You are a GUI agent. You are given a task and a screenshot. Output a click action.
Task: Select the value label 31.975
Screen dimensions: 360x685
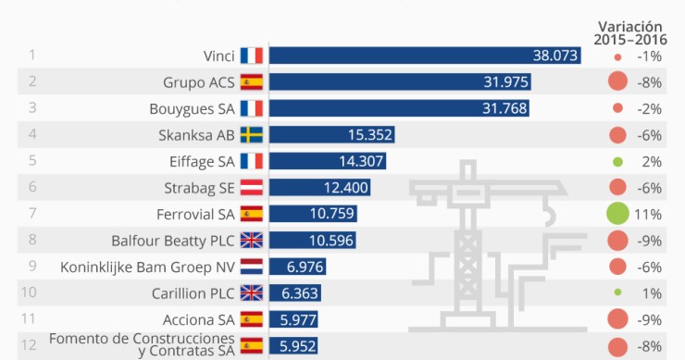click(x=505, y=82)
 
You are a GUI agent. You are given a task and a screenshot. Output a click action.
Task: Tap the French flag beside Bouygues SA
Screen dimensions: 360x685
click(x=252, y=109)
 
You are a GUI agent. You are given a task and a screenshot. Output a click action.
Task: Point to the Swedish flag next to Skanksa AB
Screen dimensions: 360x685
click(x=252, y=135)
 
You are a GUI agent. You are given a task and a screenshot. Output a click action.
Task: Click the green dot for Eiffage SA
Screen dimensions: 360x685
click(x=617, y=162)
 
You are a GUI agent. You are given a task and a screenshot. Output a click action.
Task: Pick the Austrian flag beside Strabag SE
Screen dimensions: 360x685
click(x=252, y=188)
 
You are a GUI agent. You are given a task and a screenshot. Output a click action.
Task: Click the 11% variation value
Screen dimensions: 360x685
click(x=648, y=215)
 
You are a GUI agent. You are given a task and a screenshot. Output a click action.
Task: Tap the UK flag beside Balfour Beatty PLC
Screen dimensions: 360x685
click(x=252, y=241)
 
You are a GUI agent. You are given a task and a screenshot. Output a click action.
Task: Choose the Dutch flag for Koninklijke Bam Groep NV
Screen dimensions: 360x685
click(x=252, y=267)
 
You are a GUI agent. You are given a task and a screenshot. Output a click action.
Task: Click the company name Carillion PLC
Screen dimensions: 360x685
click(x=192, y=294)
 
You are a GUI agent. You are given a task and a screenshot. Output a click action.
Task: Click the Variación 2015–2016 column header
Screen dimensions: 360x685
click(x=630, y=32)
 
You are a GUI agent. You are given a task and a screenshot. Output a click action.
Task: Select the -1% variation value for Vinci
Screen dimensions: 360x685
click(x=648, y=56)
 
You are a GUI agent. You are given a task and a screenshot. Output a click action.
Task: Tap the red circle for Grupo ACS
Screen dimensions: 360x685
click(x=617, y=82)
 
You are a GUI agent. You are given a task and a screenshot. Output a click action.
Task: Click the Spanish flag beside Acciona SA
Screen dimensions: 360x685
click(x=252, y=320)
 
